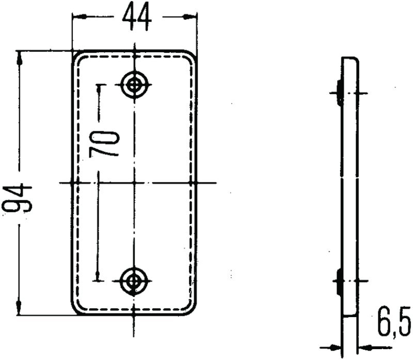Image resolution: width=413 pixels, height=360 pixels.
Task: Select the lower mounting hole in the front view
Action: [134, 281]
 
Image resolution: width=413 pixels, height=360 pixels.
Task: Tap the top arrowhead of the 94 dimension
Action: [20, 57]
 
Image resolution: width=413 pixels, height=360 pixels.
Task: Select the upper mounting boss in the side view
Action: [339, 93]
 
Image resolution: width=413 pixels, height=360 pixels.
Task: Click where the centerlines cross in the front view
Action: [134, 183]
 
